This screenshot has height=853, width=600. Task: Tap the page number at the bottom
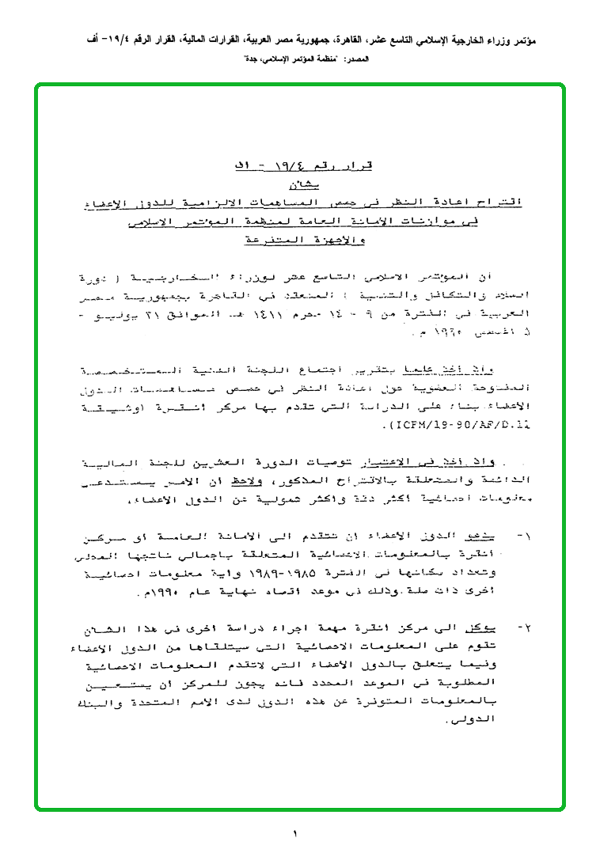pos(294,833)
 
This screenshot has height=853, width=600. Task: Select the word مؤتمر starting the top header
pos(545,38)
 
